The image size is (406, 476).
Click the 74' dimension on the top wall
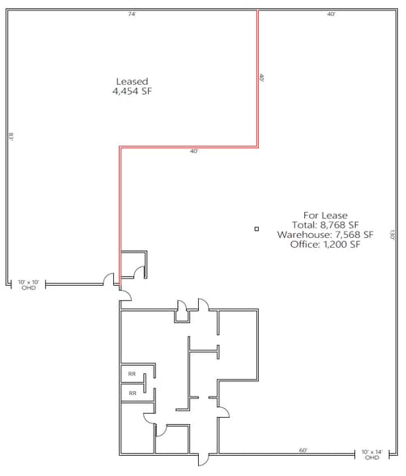[131, 14]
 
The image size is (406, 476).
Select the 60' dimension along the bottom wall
[303, 450]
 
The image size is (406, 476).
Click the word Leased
[133, 81]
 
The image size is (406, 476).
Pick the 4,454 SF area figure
[133, 91]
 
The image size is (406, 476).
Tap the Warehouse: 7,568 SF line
[324, 234]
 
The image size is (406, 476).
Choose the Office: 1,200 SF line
[324, 244]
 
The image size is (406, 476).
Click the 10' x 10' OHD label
[28, 284]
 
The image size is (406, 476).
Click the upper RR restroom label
[131, 374]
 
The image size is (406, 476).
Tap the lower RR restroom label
[131, 393]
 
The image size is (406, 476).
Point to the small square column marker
[256, 229]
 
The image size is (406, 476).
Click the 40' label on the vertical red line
[262, 79]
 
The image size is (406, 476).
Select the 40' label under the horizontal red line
[193, 151]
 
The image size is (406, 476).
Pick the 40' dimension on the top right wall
[331, 14]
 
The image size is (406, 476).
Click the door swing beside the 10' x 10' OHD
[108, 279]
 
